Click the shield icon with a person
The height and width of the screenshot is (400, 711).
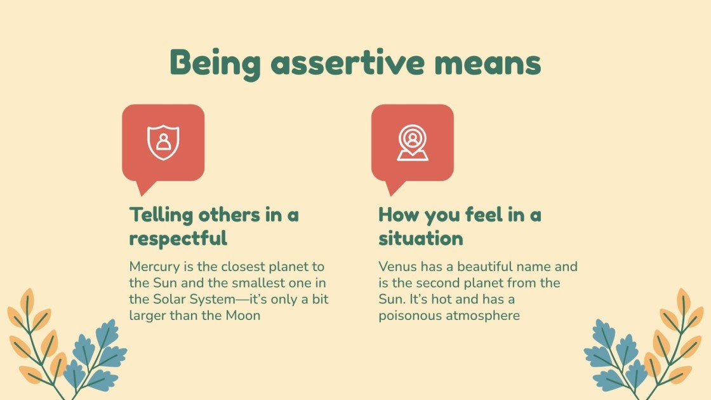tap(163, 142)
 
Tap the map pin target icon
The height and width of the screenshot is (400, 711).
tap(413, 142)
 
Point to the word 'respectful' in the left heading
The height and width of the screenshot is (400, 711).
tap(178, 239)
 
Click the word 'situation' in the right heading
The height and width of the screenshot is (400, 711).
tap(420, 239)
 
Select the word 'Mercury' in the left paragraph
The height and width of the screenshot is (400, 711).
tap(154, 267)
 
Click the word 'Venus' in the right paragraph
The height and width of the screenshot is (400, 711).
tap(397, 267)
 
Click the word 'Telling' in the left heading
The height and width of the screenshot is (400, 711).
tap(161, 215)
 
